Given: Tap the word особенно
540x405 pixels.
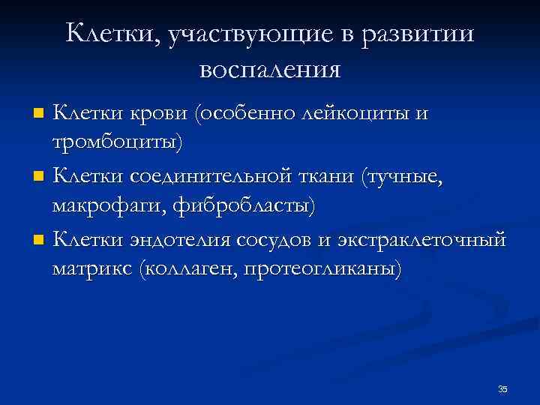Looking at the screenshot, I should click(x=247, y=113).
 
